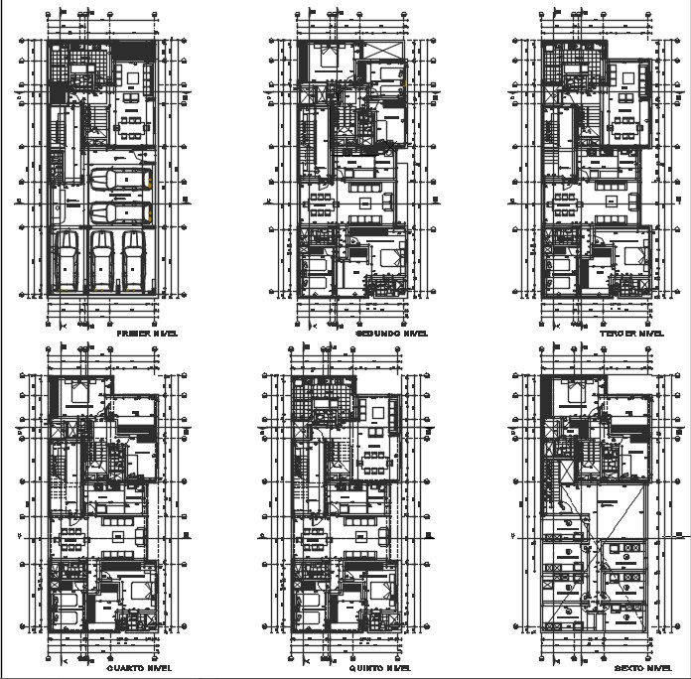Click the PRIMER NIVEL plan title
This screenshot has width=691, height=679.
[x=148, y=334]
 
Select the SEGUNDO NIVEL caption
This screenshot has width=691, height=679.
[x=391, y=334]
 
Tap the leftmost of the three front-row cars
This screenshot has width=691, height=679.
[x=67, y=260]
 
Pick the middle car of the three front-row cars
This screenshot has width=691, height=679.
[x=103, y=260]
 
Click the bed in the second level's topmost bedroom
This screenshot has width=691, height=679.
[x=328, y=59]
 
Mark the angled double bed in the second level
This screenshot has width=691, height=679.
[x=383, y=257]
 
